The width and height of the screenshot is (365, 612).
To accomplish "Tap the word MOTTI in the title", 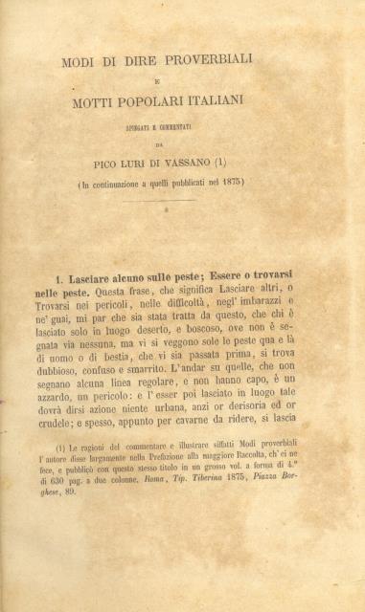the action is (x=101, y=101).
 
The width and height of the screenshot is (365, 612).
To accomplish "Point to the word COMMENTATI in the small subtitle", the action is (x=187, y=123).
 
